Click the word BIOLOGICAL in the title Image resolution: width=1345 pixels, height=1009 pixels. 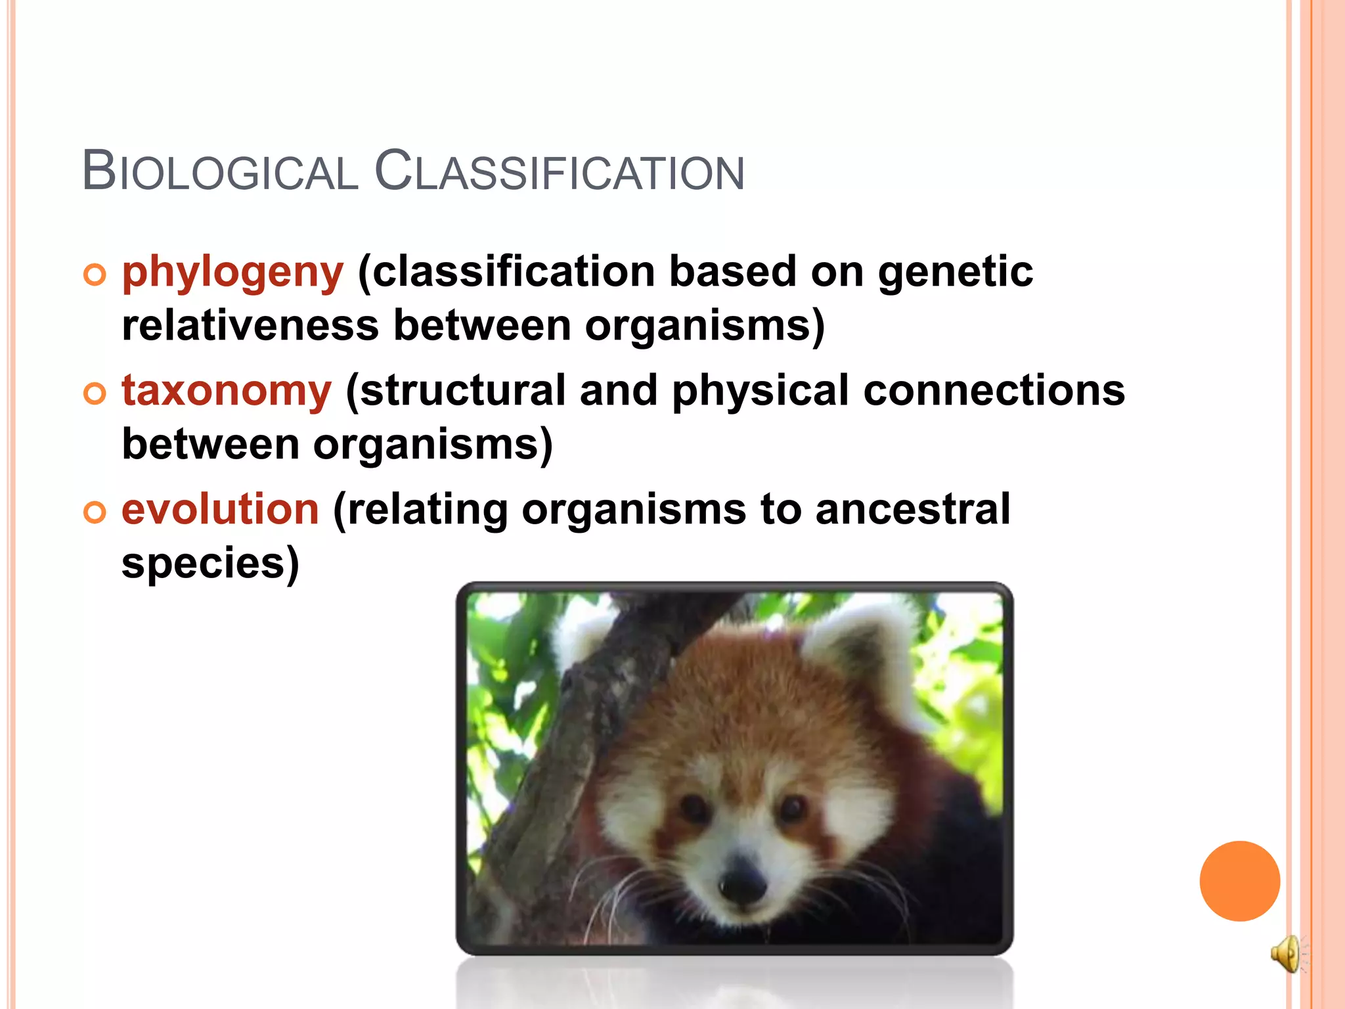(x=220, y=171)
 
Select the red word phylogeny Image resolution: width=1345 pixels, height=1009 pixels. (x=232, y=272)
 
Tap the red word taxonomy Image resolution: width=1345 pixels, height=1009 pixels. (x=227, y=390)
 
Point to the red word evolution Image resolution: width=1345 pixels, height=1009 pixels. (x=220, y=509)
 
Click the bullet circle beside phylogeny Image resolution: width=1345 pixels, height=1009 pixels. (x=95, y=275)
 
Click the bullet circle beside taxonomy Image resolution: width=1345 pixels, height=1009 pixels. (x=95, y=393)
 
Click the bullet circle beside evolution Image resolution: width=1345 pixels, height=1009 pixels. (x=95, y=512)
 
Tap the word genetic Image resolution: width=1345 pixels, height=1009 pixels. (x=955, y=272)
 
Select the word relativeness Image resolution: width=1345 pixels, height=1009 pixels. (x=250, y=325)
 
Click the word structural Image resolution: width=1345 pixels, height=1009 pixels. (x=463, y=390)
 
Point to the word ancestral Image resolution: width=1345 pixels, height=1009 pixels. (x=912, y=509)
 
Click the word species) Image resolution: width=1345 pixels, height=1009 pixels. (x=210, y=563)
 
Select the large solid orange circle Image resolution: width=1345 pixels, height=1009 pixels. (x=1239, y=881)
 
